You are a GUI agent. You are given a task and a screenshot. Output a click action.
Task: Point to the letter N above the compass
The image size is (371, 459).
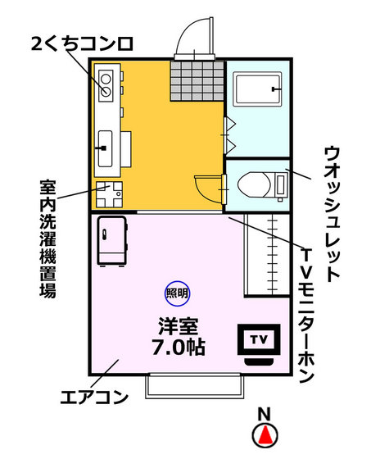264,414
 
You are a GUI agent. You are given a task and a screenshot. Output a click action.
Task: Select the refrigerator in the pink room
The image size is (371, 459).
111,240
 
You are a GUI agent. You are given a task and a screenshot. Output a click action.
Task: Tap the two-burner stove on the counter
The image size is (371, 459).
106,81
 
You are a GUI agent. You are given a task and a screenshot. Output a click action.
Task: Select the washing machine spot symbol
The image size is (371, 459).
107,194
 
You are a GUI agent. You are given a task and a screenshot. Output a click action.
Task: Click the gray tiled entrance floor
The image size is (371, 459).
197,79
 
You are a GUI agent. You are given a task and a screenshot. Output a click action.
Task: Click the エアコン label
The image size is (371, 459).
95,399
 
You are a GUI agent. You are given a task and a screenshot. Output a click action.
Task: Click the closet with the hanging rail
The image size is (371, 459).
266,254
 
